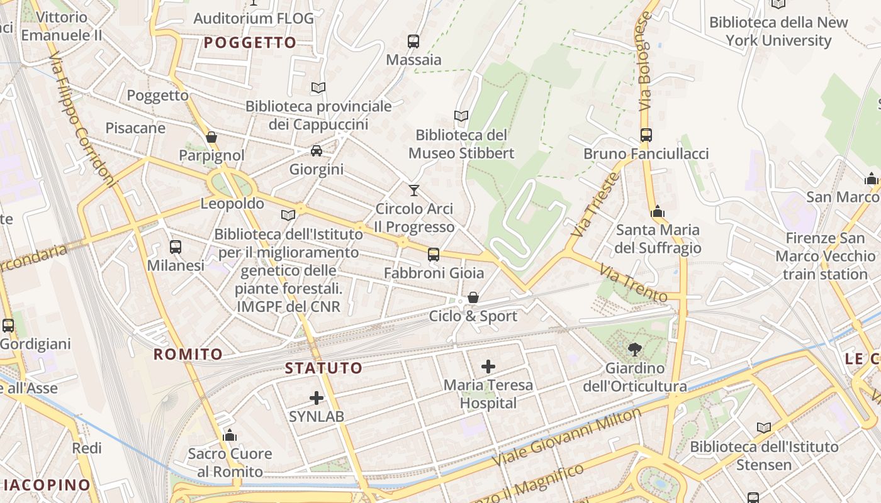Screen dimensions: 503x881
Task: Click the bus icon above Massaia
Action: coord(413,41)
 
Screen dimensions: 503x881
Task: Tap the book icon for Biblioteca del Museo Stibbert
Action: coord(461,116)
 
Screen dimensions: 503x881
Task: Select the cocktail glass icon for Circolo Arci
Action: coord(414,190)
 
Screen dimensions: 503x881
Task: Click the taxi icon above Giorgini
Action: coord(317,151)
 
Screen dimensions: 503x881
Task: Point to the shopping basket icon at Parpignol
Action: coord(211,137)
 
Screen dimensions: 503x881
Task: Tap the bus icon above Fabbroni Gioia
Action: coord(434,255)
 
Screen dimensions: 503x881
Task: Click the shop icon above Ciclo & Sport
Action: coord(473,297)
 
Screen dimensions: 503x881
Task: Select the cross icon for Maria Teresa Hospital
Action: coord(488,366)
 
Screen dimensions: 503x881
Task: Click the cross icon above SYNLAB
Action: coord(317,398)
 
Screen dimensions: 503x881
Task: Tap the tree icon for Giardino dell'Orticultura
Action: coord(635,349)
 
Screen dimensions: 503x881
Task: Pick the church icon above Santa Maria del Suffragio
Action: coord(658,211)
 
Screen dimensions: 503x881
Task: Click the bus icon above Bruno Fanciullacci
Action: coord(646,135)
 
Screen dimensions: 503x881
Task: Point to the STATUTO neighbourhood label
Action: coord(324,368)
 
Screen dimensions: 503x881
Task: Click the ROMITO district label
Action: coord(188,355)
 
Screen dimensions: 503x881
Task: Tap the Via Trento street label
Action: coord(633,283)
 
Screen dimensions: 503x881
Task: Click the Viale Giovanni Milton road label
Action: coord(566,436)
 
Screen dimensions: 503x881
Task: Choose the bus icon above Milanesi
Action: coord(176,247)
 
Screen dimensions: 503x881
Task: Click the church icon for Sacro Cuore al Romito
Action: coord(230,435)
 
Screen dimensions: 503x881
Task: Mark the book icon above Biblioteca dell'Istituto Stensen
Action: coord(764,428)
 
